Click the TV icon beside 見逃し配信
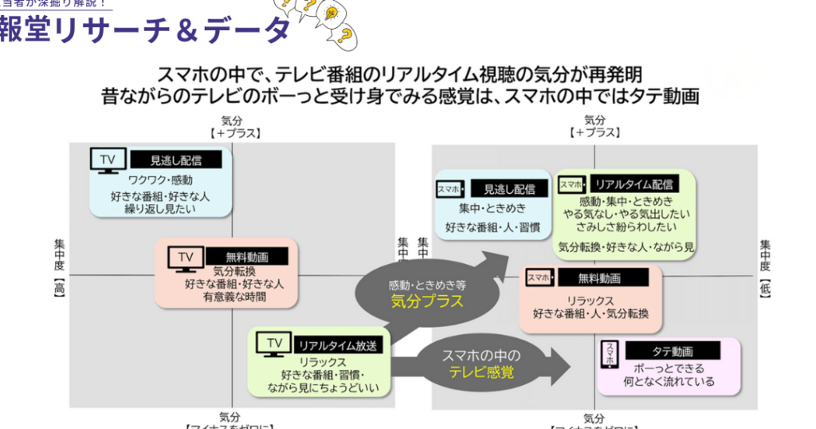[108, 159]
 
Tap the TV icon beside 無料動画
[184, 258]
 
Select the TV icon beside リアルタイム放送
[274, 344]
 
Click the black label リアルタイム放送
[339, 345]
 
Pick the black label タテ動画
[673, 351]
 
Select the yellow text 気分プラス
[427, 301]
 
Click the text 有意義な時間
[234, 297]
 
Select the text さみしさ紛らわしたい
[626, 228]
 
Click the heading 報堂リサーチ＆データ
[143, 31]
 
